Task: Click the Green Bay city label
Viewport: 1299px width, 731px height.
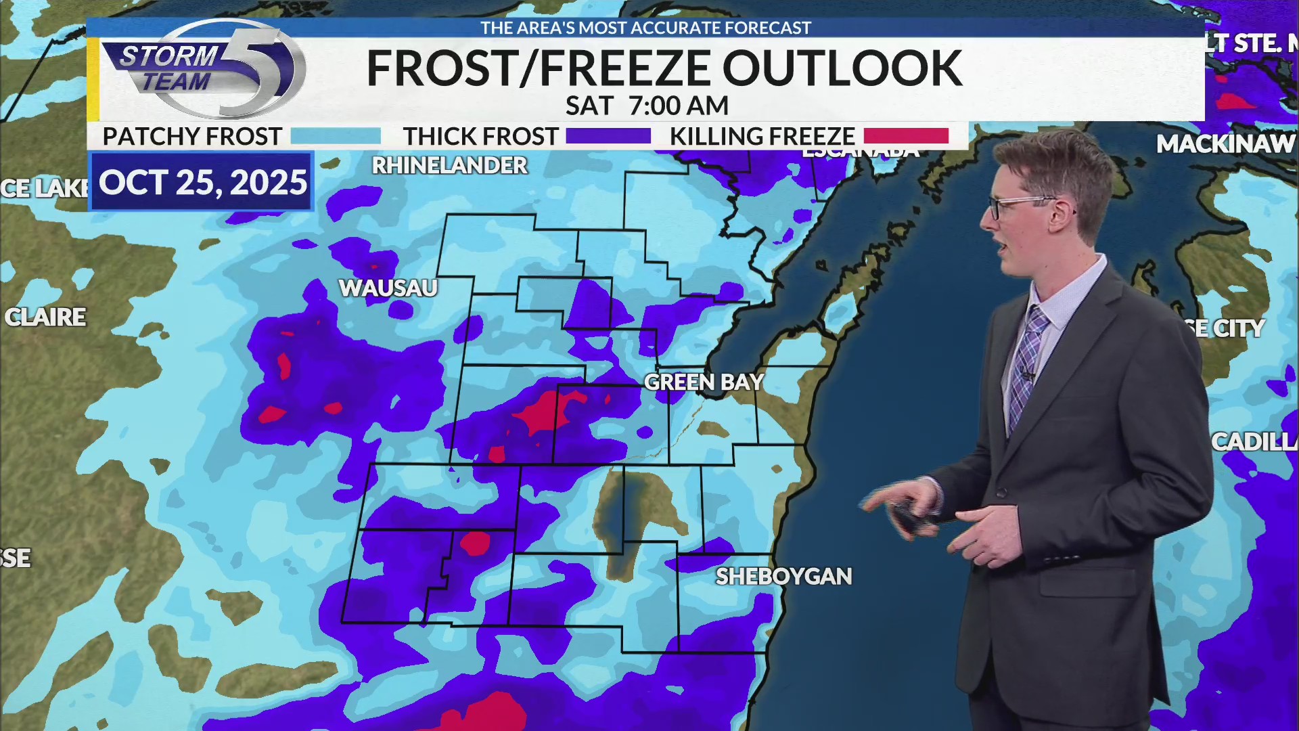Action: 704,382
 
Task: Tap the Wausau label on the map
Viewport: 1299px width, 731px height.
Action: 388,288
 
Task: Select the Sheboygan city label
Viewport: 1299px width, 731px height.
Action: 783,577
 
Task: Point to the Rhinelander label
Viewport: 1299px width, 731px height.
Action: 449,166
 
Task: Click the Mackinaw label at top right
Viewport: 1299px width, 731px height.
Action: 1225,144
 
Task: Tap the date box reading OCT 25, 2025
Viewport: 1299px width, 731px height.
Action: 202,183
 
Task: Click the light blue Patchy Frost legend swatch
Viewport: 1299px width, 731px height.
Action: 336,137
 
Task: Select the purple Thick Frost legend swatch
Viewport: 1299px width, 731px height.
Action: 608,137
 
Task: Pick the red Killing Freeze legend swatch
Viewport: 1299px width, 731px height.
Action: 906,137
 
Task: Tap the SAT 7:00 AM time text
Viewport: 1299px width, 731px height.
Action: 647,106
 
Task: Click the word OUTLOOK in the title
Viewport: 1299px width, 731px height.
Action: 842,69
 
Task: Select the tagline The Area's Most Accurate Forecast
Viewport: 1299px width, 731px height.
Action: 645,28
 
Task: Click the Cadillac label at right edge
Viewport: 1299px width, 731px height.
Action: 1253,442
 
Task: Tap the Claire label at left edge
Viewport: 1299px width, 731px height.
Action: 45,317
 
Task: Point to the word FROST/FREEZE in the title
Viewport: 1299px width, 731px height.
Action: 538,69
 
